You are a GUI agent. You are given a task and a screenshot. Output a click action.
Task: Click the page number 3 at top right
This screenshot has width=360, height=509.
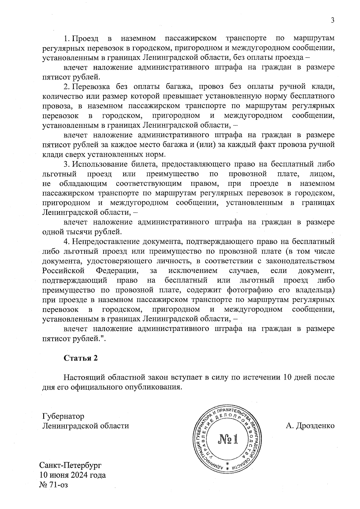(332, 20)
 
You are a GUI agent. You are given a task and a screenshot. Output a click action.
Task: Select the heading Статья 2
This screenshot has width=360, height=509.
(80, 358)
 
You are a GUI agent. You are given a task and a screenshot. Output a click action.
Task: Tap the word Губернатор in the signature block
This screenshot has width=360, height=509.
(63, 416)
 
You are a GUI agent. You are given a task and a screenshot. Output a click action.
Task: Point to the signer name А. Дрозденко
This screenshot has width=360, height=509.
(310, 426)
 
